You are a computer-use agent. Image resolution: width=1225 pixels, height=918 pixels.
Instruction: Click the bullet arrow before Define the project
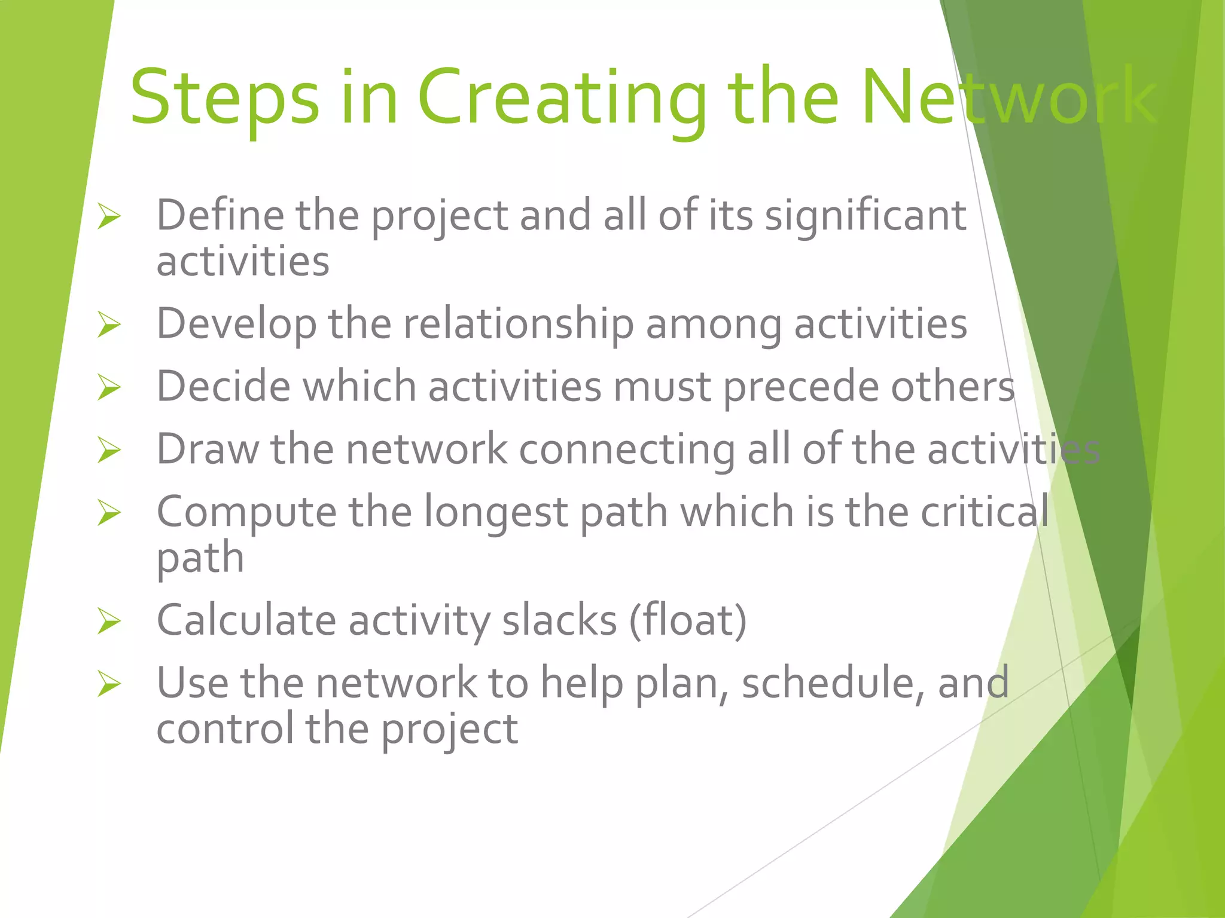coord(109,216)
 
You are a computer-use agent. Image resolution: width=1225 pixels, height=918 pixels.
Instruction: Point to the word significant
coord(866,216)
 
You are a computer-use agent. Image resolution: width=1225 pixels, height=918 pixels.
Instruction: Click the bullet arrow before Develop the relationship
coord(109,325)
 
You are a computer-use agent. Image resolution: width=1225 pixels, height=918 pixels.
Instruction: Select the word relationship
coord(518,325)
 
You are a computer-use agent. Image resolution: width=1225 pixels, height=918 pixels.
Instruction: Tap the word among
coord(714,325)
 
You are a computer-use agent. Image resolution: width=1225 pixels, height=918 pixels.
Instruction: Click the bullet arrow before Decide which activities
coord(109,387)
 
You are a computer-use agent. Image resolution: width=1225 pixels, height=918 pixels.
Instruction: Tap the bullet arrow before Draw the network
coord(109,450)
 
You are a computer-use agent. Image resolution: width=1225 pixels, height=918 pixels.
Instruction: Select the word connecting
coord(627,450)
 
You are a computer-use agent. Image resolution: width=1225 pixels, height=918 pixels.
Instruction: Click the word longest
coord(496,513)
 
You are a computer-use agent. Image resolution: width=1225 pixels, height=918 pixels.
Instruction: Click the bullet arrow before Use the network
coord(109,684)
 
